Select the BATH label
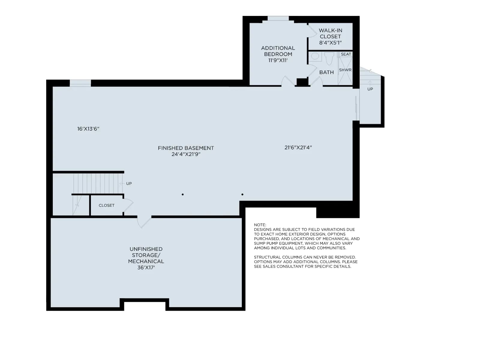[x=326, y=72]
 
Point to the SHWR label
[x=345, y=70]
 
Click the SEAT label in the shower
[x=346, y=54]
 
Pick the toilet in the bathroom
[x=329, y=58]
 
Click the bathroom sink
[x=315, y=56]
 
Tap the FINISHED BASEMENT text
[x=186, y=148]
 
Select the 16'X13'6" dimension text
[x=88, y=129]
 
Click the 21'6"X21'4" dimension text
[x=298, y=147]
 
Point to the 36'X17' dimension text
[x=146, y=267]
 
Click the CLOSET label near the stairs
[x=106, y=205]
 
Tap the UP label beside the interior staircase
[x=129, y=183]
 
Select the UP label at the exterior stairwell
[x=370, y=89]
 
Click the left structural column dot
[x=183, y=194]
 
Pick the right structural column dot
[x=242, y=194]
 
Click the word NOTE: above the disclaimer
[x=260, y=225]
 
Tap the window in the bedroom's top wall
[x=278, y=18]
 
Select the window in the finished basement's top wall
[x=80, y=83]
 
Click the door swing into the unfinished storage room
[x=144, y=221]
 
